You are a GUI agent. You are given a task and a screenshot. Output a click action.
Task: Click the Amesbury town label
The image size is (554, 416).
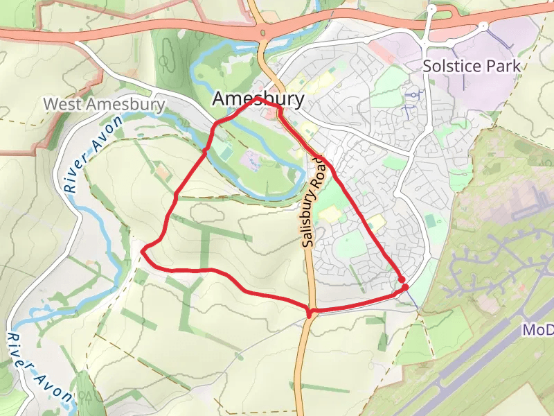tap(258, 99)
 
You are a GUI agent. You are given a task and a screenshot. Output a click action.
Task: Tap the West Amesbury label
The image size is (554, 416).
tap(104, 104)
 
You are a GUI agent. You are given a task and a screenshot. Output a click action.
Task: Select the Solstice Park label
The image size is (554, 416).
tap(471, 67)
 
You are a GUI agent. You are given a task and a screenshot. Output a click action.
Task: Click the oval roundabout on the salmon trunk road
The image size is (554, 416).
tap(263, 33)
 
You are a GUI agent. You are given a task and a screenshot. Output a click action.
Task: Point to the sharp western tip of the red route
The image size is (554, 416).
tap(142, 250)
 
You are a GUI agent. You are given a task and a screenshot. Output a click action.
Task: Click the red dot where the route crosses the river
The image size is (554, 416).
tap(206, 150)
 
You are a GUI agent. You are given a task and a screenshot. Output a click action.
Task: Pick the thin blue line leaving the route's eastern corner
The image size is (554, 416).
tap(411, 297)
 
